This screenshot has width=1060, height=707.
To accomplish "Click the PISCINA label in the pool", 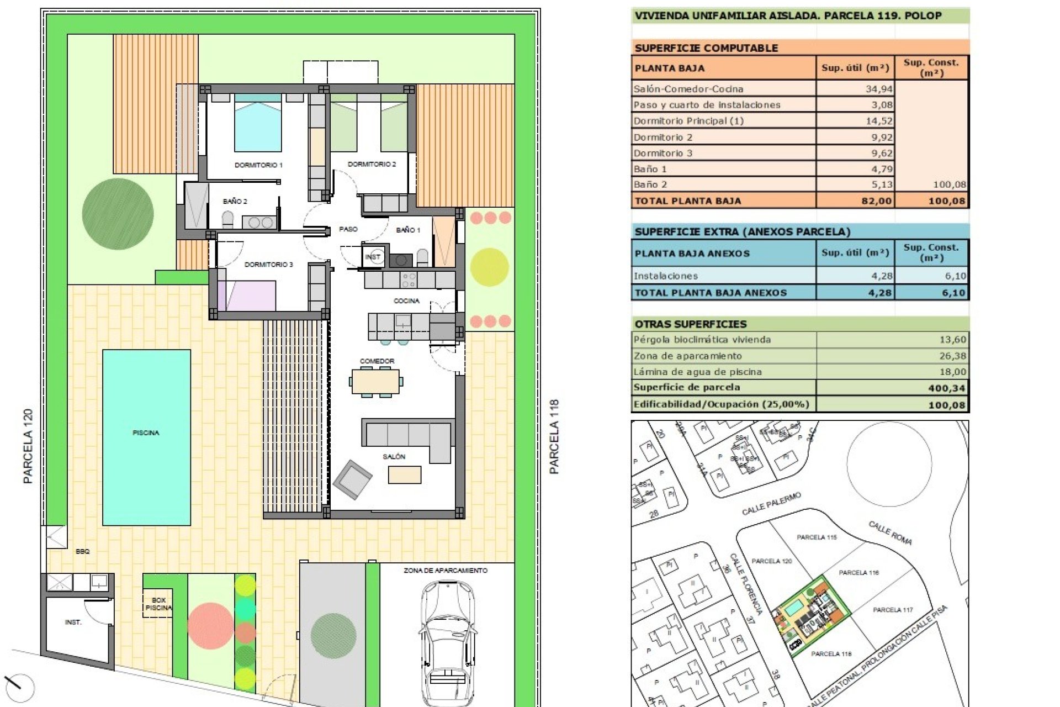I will [146, 433].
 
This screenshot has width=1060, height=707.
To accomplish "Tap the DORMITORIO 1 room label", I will [258, 165].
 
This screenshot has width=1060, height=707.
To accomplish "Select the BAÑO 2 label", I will [235, 201].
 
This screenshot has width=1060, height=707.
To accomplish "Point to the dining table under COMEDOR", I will [376, 382].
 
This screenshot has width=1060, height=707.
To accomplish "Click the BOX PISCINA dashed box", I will [158, 604].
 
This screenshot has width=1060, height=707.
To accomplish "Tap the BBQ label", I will [82, 551].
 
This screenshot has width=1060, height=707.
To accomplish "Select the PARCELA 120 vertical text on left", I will [28, 446].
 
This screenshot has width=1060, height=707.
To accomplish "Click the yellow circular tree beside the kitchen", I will [489, 267].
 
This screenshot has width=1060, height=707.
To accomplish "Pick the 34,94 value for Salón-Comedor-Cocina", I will [878, 89].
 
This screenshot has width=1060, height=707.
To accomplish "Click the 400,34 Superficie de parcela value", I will [946, 388].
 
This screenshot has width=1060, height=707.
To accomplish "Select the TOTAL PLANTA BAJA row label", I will [688, 201].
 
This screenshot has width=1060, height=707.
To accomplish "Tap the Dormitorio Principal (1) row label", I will [688, 121].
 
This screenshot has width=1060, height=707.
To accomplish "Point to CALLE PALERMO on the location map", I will [771, 504].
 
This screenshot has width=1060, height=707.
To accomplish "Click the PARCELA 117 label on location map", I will [892, 610].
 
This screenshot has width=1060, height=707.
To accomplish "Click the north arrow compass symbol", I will [19, 687].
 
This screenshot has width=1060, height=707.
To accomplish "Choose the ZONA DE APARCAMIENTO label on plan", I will [445, 571].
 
